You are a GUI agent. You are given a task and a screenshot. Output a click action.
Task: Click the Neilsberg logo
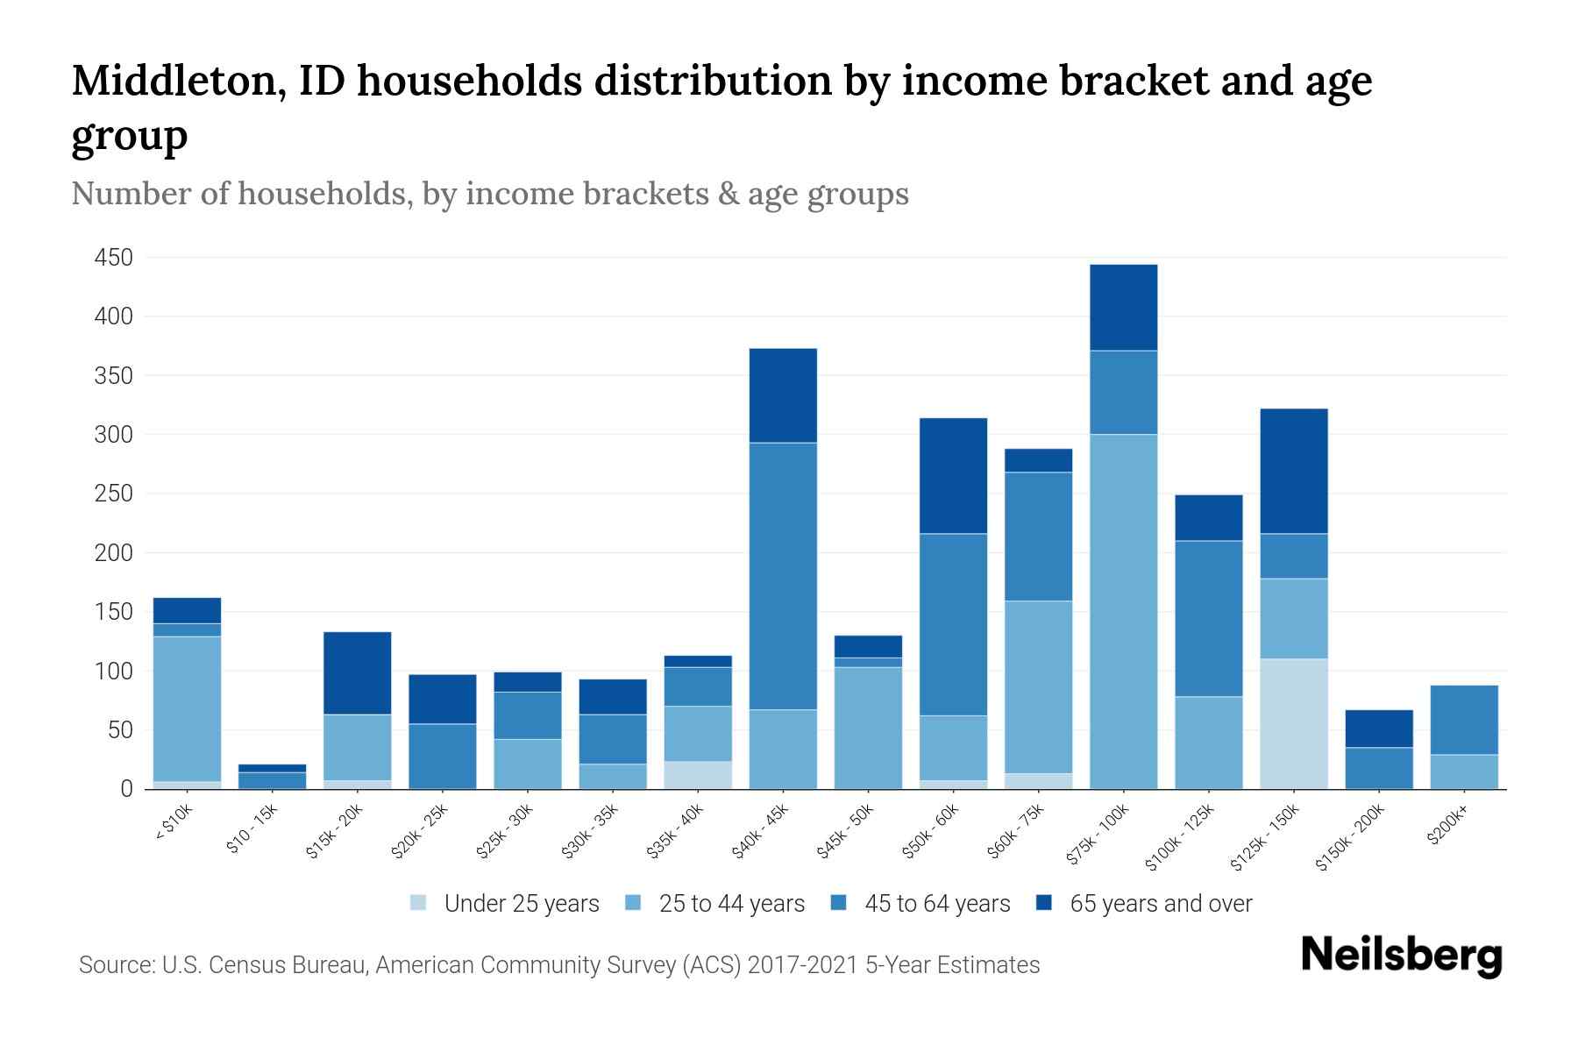tap(1401, 956)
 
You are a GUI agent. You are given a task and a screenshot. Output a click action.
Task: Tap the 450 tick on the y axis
tap(114, 258)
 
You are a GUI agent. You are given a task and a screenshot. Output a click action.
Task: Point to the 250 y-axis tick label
tap(114, 494)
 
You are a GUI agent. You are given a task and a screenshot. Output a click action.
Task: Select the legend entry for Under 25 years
tap(521, 904)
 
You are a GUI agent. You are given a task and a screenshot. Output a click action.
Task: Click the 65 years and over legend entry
tap(1160, 904)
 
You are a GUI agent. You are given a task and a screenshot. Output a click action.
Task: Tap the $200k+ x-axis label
tap(1447, 826)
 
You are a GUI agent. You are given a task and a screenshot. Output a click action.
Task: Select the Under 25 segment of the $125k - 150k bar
tap(1293, 723)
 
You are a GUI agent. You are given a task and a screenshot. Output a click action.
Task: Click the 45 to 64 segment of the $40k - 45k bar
tap(783, 575)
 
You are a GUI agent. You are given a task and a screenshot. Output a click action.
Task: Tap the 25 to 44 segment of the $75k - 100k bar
tap(1123, 611)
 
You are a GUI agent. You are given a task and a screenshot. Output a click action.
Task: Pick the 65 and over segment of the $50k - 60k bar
tap(953, 475)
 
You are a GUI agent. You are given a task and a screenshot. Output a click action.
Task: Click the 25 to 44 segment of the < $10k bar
tap(187, 708)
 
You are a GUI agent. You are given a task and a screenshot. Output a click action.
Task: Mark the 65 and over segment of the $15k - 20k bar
tap(358, 672)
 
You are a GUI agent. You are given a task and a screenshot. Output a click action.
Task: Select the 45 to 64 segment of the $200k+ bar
tap(1463, 719)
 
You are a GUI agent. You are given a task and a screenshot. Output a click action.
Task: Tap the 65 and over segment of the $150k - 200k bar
tap(1378, 728)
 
